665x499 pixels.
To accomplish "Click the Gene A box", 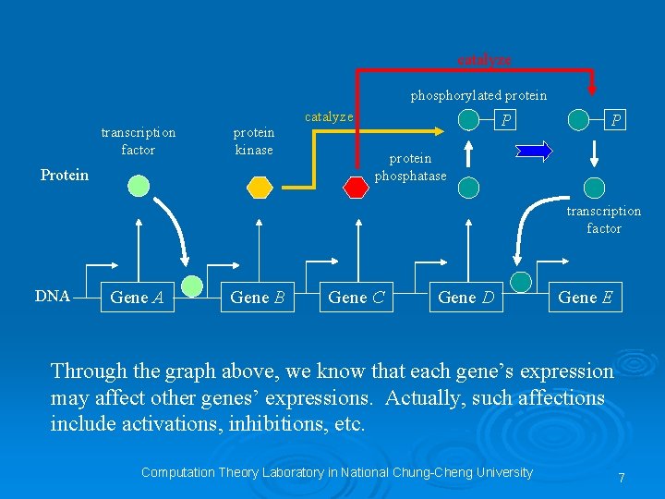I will [137, 297].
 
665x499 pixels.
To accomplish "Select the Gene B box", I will [258, 297].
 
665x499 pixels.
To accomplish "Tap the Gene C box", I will [357, 297].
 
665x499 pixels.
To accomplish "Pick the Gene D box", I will [466, 297].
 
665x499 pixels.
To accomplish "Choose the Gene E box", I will [585, 297].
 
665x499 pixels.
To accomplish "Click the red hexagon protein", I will [356, 187].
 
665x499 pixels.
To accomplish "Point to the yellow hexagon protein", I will [260, 187].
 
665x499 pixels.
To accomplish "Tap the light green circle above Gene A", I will [139, 187].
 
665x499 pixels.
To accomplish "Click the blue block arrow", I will [535, 152].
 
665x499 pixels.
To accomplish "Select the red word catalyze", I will [484, 59].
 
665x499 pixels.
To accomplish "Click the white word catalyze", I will [329, 116].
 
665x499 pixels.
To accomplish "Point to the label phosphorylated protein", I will [478, 95].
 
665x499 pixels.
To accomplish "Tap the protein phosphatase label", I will [410, 167].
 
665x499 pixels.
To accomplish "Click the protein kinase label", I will [254, 140].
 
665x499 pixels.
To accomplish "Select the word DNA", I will [53, 296].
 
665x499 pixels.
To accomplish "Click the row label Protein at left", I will [65, 175].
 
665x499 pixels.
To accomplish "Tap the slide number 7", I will [622, 478].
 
